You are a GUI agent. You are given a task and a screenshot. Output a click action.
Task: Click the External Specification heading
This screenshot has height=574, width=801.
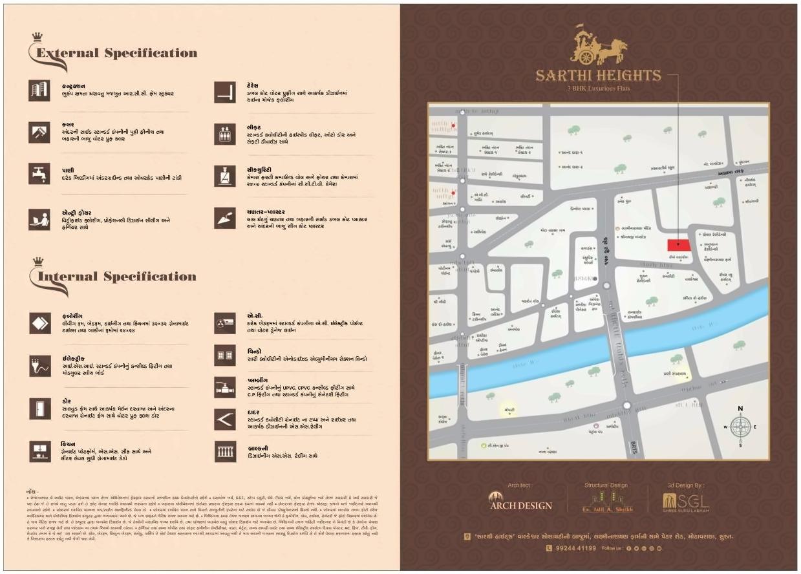(x=116, y=53)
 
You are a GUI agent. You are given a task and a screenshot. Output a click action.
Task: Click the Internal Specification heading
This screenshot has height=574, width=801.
(x=116, y=277)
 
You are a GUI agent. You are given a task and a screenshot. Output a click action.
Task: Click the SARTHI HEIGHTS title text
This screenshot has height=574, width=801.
(x=598, y=76)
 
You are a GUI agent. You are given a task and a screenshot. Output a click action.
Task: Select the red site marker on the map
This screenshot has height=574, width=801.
(x=678, y=245)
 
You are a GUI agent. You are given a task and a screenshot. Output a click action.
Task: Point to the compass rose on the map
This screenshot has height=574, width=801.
(x=740, y=427)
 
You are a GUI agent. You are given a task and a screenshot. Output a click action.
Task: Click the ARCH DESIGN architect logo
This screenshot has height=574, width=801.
(x=520, y=502)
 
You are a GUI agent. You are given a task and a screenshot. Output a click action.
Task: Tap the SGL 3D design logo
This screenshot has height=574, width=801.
(x=686, y=502)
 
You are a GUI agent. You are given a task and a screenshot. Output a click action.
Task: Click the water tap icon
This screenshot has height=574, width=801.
(x=39, y=174)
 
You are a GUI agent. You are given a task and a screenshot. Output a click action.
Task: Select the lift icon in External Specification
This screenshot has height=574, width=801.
(x=225, y=134)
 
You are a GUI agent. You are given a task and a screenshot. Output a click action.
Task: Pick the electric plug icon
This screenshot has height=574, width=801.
(x=39, y=366)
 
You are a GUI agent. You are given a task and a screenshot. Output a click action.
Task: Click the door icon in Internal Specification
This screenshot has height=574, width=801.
(x=39, y=409)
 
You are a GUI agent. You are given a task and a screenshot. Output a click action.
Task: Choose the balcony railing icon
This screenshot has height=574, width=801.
(x=225, y=451)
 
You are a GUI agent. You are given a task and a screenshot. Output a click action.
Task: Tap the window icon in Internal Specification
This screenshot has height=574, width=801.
(x=225, y=355)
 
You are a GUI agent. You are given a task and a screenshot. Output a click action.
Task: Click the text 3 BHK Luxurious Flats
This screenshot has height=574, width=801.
(x=598, y=88)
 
